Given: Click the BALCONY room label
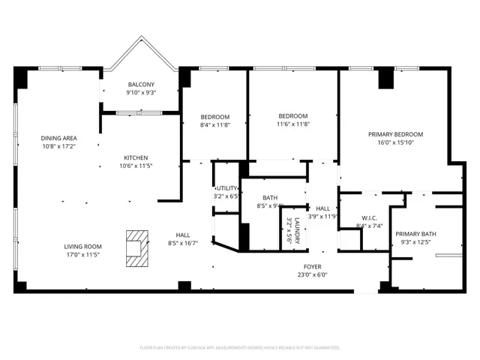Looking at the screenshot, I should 141,84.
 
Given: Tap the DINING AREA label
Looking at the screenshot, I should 58,138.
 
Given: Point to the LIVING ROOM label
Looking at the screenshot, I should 82,247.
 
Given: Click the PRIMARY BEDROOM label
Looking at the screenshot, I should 395,134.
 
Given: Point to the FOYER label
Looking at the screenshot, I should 313,265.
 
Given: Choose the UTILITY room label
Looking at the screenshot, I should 226,188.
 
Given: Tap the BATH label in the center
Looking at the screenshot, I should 269,197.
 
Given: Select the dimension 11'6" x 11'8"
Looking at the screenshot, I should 292,124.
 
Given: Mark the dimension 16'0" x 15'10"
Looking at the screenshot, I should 395,143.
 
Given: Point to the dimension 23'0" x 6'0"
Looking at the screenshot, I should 313,274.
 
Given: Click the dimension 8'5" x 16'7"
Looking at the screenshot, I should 183,243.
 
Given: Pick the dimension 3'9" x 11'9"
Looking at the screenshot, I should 322,217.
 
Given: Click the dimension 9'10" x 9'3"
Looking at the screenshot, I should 141,92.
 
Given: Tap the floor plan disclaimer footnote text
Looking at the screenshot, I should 240,347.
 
